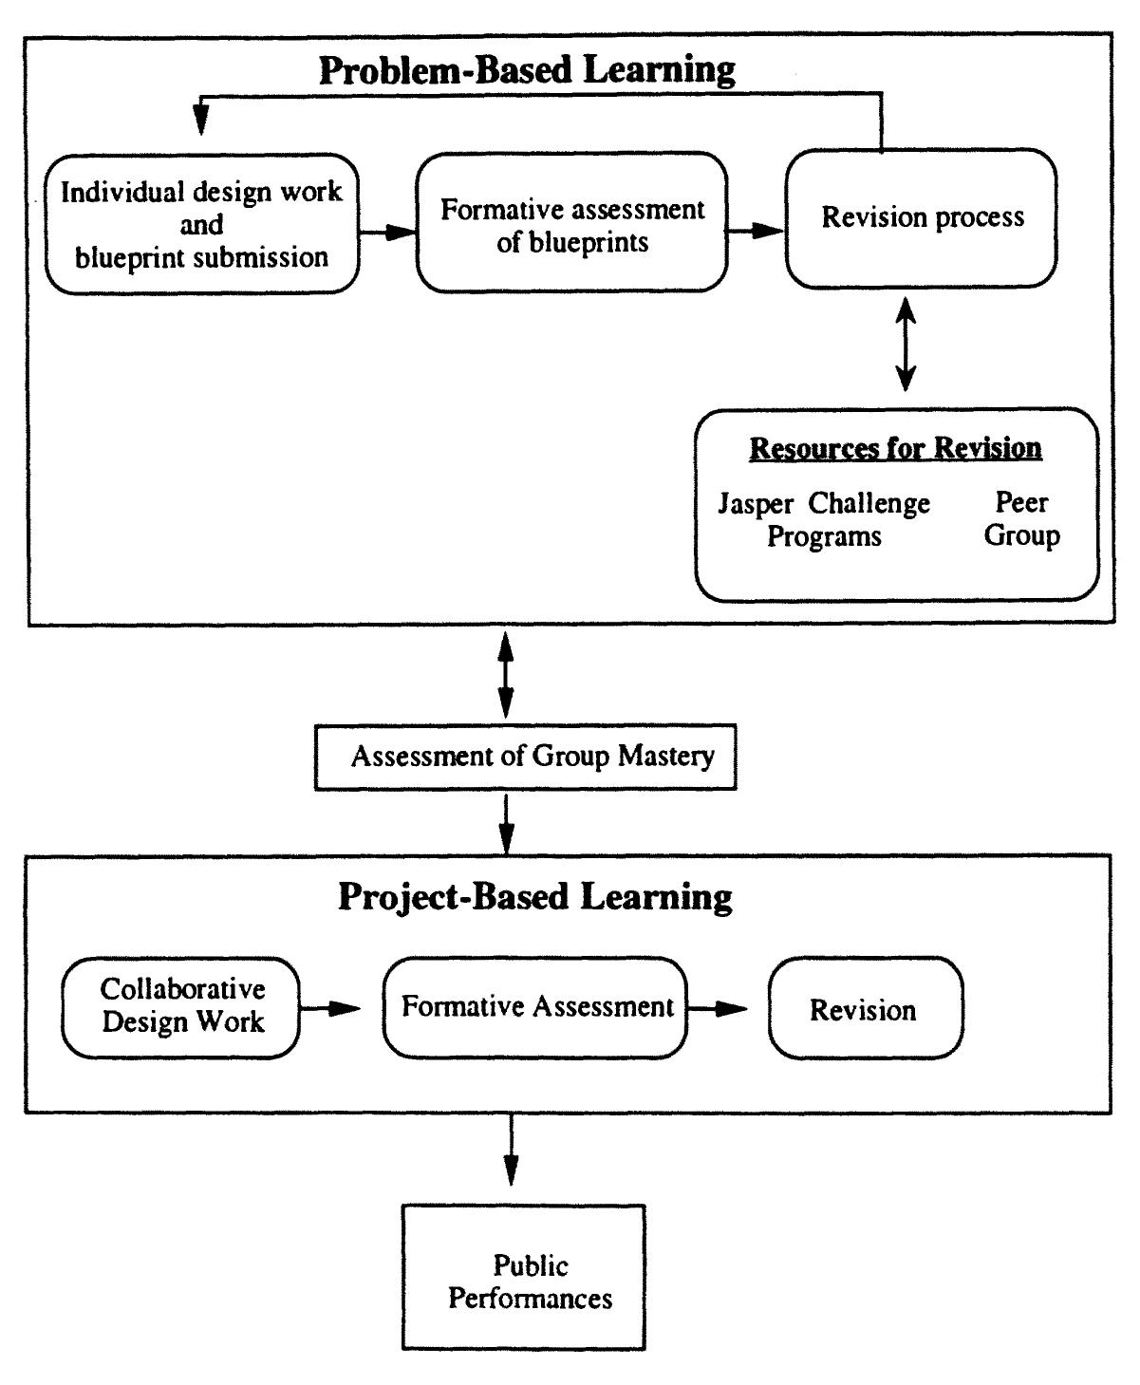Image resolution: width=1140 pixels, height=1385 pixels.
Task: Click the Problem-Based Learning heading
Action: (527, 70)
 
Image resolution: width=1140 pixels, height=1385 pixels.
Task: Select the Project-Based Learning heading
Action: (535, 897)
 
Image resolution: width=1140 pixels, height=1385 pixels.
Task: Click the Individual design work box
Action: (202, 224)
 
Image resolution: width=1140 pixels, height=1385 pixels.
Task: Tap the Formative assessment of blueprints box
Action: (572, 224)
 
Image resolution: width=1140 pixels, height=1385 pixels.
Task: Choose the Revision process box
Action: (922, 217)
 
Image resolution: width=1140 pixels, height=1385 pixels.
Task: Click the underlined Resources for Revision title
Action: (895, 448)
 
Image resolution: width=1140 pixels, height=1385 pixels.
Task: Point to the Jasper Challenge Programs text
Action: (824, 519)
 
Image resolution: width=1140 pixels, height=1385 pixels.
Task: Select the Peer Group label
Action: (1021, 519)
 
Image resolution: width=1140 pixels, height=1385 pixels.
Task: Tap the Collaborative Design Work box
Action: (181, 1006)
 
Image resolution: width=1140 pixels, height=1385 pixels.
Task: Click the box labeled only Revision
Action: (865, 1009)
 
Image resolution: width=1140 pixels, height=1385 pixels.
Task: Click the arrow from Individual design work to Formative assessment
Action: (387, 233)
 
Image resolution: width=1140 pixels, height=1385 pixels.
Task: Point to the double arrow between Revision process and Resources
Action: (906, 344)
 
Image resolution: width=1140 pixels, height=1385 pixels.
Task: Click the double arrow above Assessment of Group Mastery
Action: (506, 675)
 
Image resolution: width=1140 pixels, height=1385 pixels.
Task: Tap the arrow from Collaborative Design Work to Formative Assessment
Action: (330, 1009)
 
